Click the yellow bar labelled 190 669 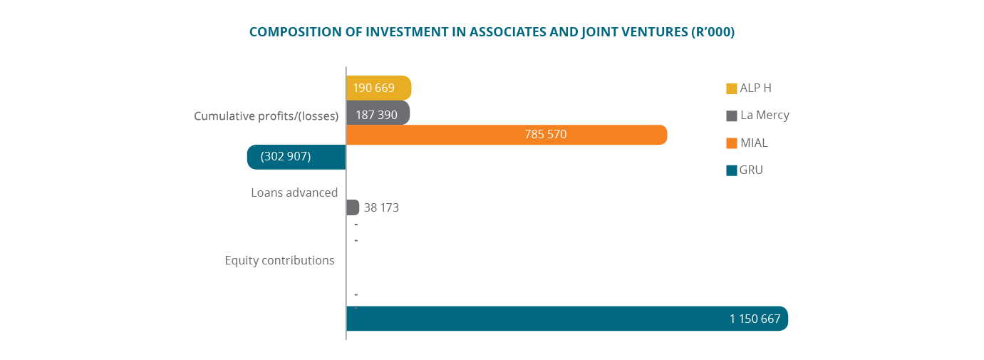[x=379, y=88]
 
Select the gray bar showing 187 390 [x=378, y=113]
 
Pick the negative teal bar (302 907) [x=296, y=157]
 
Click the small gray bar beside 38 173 [x=352, y=207]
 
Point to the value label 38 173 [x=381, y=208]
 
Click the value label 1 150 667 [x=755, y=319]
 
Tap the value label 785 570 [x=544, y=134]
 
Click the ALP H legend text [x=756, y=88]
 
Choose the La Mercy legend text [x=765, y=115]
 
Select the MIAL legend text [x=754, y=143]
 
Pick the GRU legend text [x=752, y=170]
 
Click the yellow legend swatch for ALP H [x=732, y=89]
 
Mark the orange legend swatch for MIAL [x=732, y=143]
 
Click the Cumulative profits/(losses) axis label [x=266, y=116]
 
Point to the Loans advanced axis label [x=294, y=192]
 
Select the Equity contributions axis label [x=279, y=260]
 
